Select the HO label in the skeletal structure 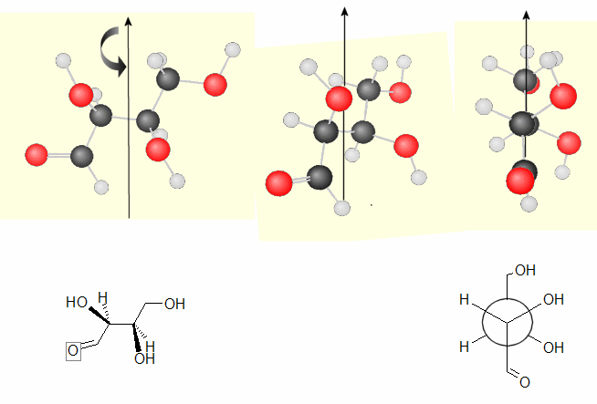click(x=77, y=301)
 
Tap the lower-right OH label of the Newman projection click(x=553, y=347)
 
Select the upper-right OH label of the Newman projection click(x=553, y=300)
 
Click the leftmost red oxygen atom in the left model click(x=37, y=152)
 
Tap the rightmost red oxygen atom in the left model click(x=215, y=85)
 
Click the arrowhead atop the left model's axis click(x=129, y=20)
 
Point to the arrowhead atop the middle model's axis click(x=344, y=12)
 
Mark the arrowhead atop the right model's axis click(x=527, y=15)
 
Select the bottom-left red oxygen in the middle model click(x=278, y=184)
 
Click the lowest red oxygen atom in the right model click(x=521, y=181)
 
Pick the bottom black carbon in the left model click(x=81, y=155)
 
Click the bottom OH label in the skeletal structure click(x=144, y=358)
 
